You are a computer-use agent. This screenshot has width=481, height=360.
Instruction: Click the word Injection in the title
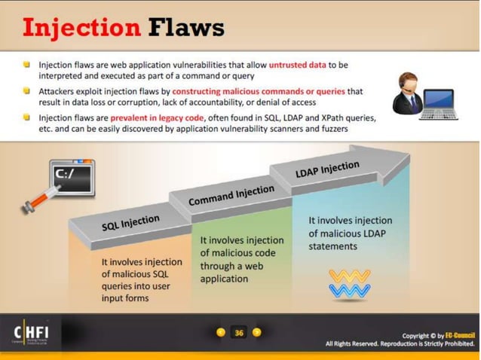pos(81,28)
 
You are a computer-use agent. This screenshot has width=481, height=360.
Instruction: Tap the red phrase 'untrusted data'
pos(299,66)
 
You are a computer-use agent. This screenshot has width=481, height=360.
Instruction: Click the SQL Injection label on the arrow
pos(130,224)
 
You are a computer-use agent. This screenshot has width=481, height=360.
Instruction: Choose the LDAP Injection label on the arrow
pos(327,169)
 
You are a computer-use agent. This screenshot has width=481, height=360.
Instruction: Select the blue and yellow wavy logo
pos(349,284)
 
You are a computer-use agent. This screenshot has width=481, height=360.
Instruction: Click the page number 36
pos(239,332)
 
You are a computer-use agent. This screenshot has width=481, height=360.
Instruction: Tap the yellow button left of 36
pos(221,332)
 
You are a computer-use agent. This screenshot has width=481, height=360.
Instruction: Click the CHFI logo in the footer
pos(34,333)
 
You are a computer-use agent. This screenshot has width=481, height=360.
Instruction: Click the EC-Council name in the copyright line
pos(460,334)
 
